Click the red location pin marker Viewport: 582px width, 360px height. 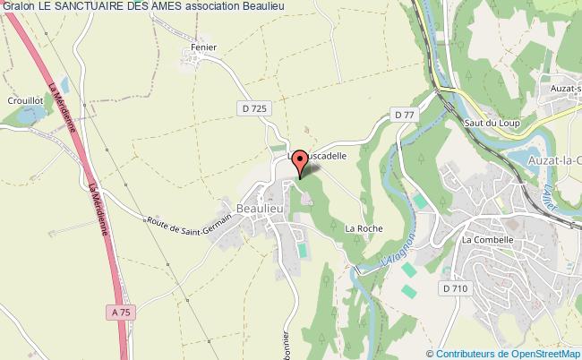[301, 161]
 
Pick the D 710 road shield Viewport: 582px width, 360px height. [454, 287]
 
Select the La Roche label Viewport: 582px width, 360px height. [364, 228]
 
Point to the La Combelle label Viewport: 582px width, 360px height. [486, 240]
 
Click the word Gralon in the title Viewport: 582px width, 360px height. [17, 7]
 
